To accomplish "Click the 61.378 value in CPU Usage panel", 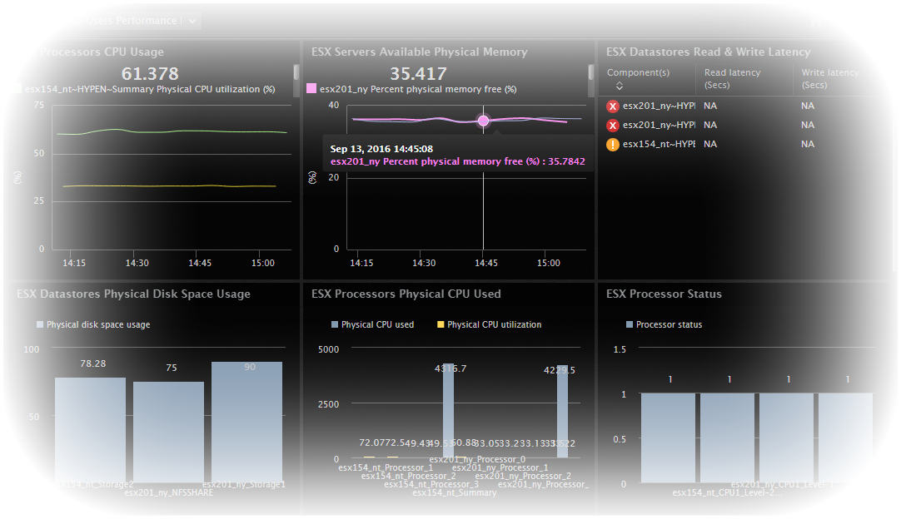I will (x=150, y=74).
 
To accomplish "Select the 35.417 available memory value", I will (x=418, y=74).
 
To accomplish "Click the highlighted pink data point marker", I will (x=484, y=121).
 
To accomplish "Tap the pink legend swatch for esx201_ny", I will (x=311, y=89).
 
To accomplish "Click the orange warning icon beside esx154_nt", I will (x=613, y=145).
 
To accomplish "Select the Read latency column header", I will (x=732, y=78).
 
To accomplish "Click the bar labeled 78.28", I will (x=90, y=428).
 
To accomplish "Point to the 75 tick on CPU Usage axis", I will (x=38, y=106).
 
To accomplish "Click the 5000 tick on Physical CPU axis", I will (x=328, y=349).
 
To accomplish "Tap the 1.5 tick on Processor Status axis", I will (x=619, y=349).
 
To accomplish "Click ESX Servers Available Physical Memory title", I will (x=419, y=52).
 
